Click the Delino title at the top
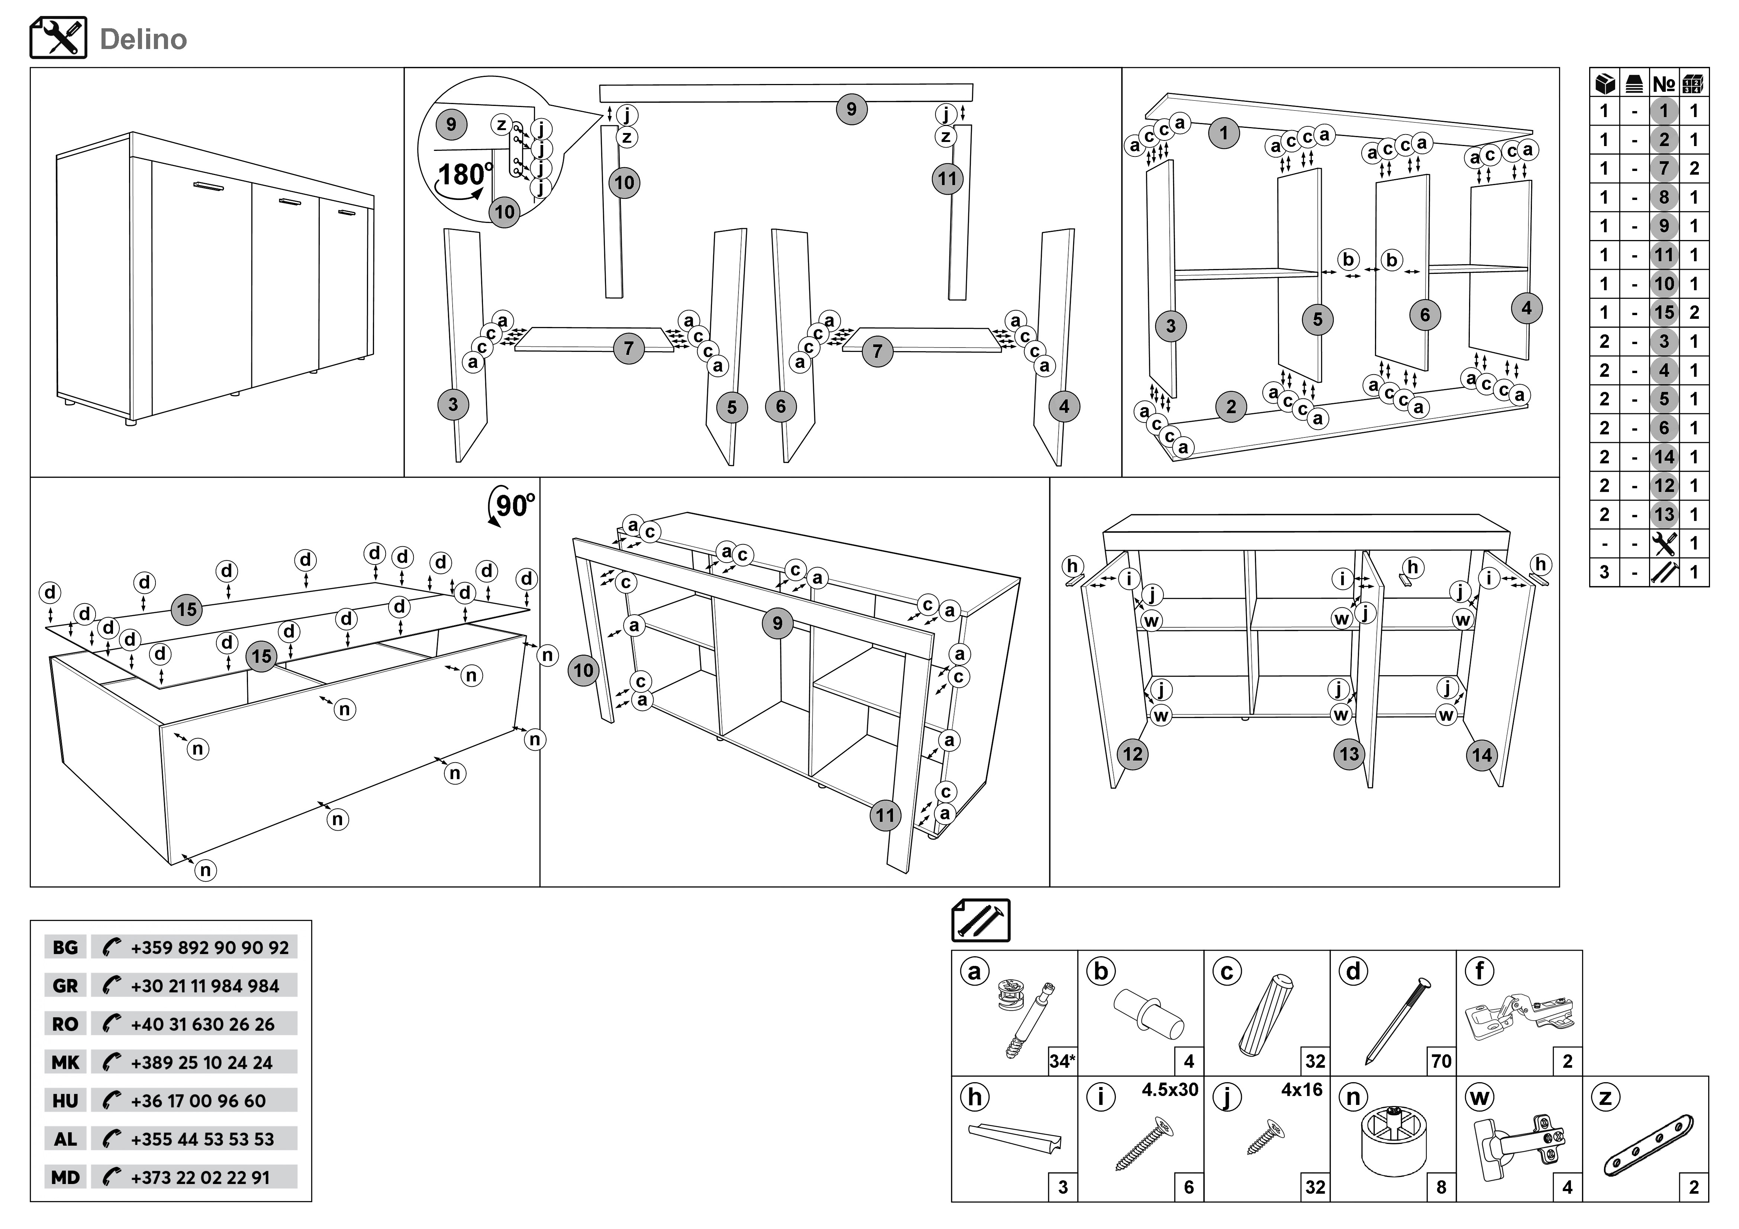[143, 39]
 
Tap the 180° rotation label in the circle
[464, 175]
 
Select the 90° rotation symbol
[513, 505]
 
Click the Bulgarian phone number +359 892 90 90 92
[209, 947]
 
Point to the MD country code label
[65, 1177]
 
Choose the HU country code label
[65, 1101]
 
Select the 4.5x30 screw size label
[1169, 1090]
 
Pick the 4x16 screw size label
[1301, 1090]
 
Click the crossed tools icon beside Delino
[58, 38]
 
